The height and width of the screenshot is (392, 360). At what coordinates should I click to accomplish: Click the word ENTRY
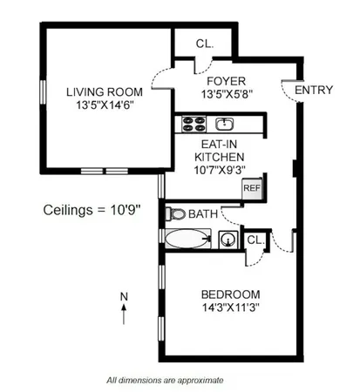(314, 90)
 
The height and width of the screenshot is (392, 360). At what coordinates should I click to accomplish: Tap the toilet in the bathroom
(175, 213)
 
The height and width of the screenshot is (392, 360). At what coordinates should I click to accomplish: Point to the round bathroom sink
(229, 239)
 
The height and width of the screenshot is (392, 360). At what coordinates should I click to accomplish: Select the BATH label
(203, 214)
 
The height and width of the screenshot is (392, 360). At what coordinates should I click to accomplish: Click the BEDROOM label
(228, 294)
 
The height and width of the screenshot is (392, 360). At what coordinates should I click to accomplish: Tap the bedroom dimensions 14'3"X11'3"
(228, 307)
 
